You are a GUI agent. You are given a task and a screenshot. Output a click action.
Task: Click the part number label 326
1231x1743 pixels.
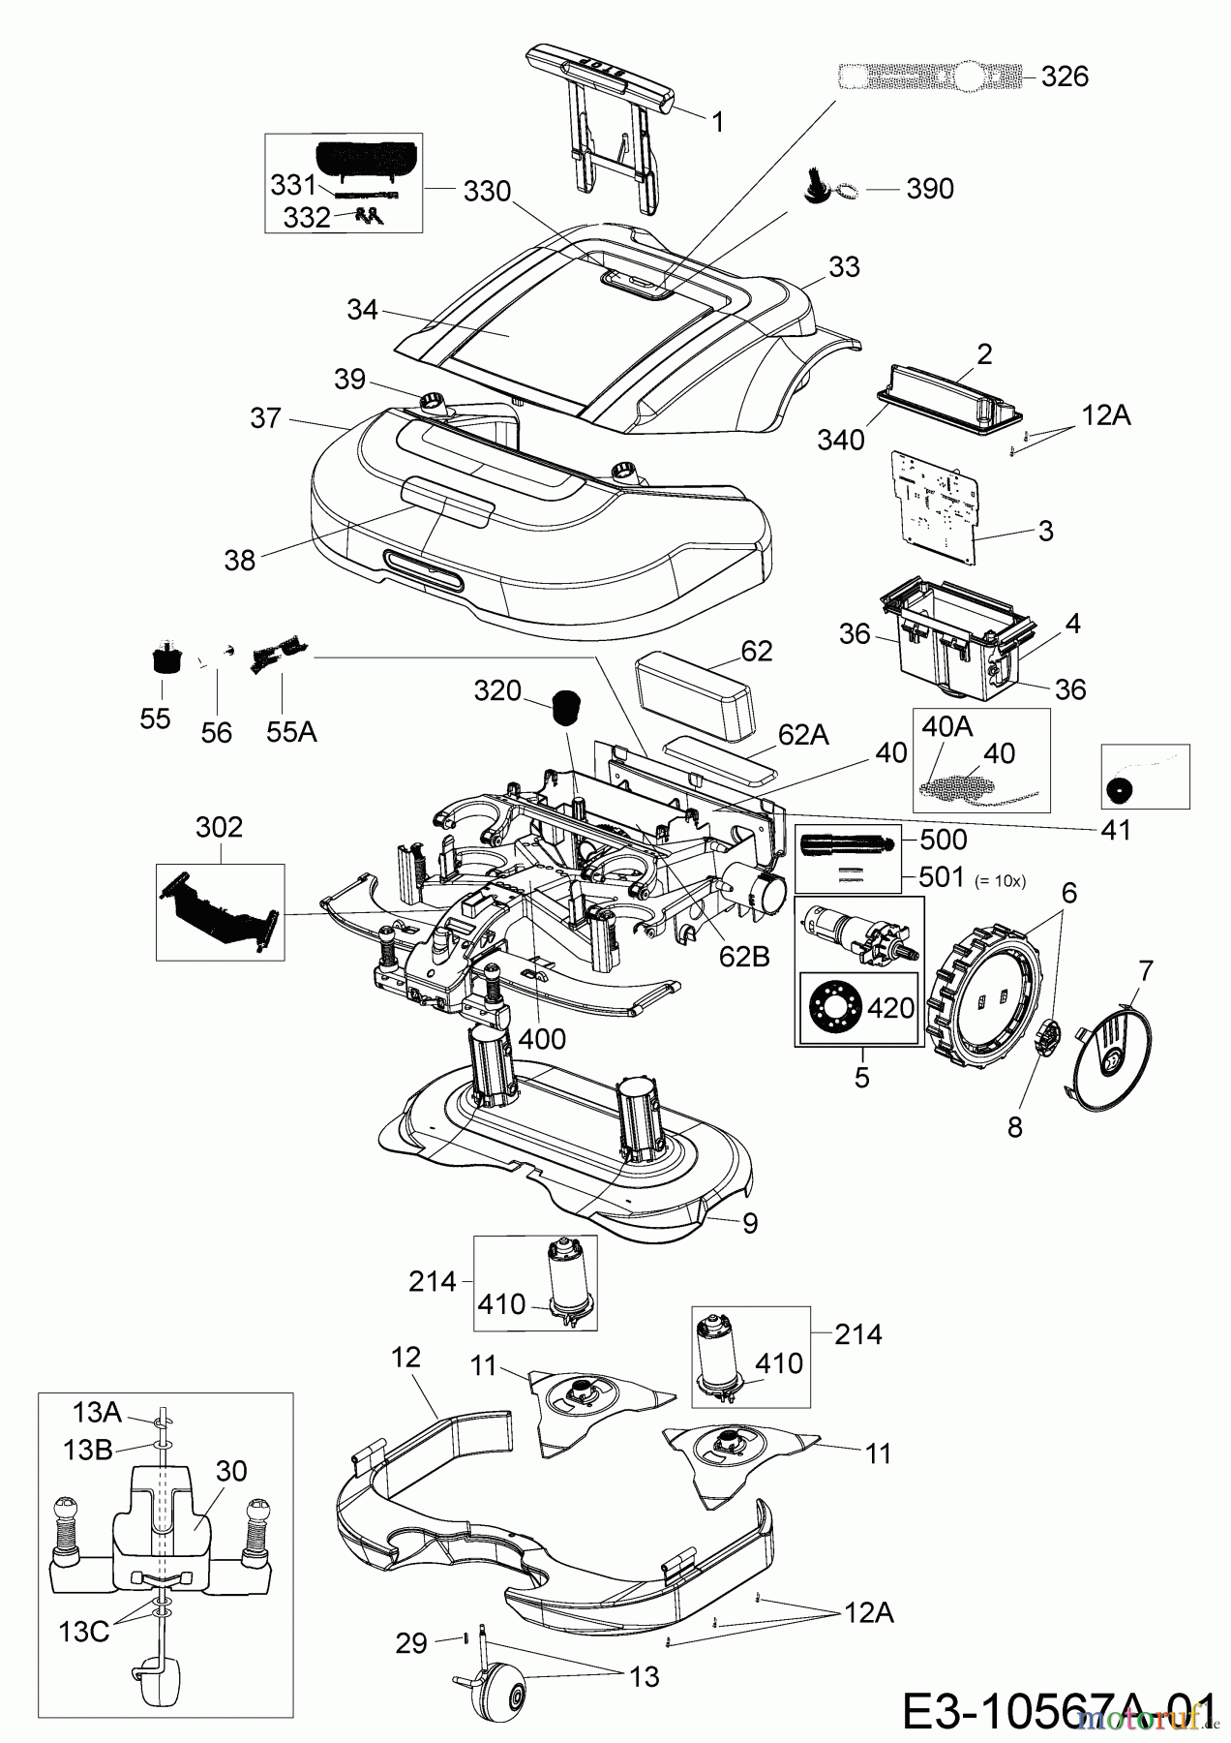pos(1065,76)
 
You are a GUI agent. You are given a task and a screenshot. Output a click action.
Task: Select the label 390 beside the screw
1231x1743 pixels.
pos(929,188)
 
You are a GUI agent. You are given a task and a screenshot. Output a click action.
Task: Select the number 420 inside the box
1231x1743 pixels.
pos(890,1008)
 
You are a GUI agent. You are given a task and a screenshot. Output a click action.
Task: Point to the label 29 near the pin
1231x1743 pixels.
pos(412,1643)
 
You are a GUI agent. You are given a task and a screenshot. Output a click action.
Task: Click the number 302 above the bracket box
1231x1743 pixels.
pos(220,827)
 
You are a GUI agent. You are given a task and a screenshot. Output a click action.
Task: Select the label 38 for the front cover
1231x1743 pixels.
pos(240,560)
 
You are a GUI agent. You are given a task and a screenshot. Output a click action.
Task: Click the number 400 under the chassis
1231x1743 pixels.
pos(541,1040)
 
